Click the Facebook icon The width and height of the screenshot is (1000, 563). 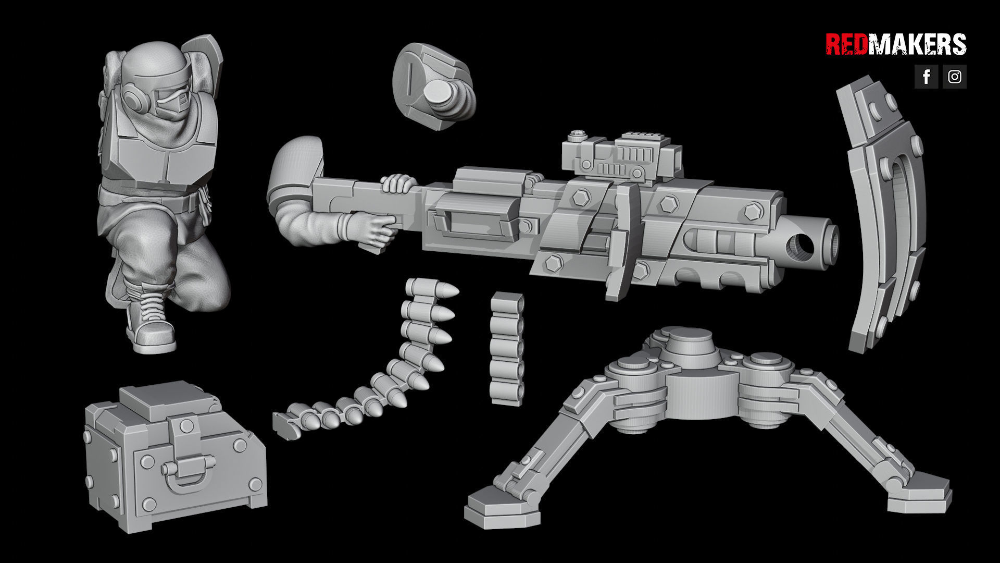(926, 77)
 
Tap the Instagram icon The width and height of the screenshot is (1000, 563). (954, 77)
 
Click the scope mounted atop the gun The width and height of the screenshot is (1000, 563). (622, 156)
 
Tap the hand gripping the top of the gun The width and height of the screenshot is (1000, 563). (398, 183)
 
